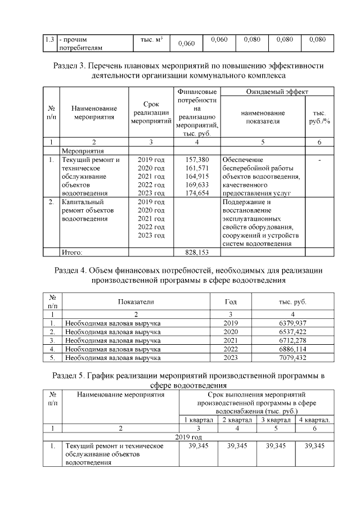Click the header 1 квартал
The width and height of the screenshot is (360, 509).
(x=197, y=420)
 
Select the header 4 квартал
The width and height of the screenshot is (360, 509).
(x=314, y=420)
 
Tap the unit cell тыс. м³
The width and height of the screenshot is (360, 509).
(x=151, y=40)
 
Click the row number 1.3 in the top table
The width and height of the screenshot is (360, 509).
(x=49, y=40)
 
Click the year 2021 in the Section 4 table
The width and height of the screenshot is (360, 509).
(x=231, y=340)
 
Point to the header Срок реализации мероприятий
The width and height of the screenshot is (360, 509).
(x=150, y=112)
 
